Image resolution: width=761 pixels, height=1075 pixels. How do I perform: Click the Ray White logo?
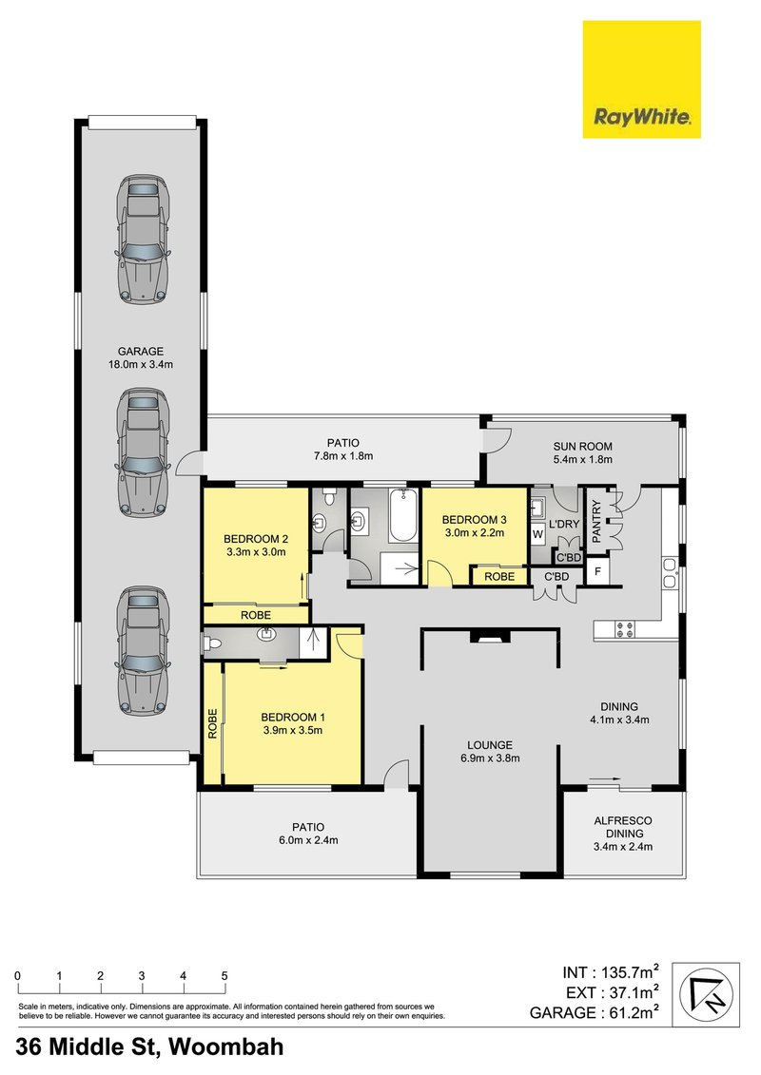641,80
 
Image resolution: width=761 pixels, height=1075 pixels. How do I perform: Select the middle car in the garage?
143,451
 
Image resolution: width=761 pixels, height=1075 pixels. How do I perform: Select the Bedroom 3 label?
475,519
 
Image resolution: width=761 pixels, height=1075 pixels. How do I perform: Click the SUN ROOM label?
582,446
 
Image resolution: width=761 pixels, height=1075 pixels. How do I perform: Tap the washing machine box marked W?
537,535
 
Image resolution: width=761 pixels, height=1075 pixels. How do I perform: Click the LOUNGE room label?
489,744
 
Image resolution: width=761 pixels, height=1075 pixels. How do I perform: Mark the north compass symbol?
706,994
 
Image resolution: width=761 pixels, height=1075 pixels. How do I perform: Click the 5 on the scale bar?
224,976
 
